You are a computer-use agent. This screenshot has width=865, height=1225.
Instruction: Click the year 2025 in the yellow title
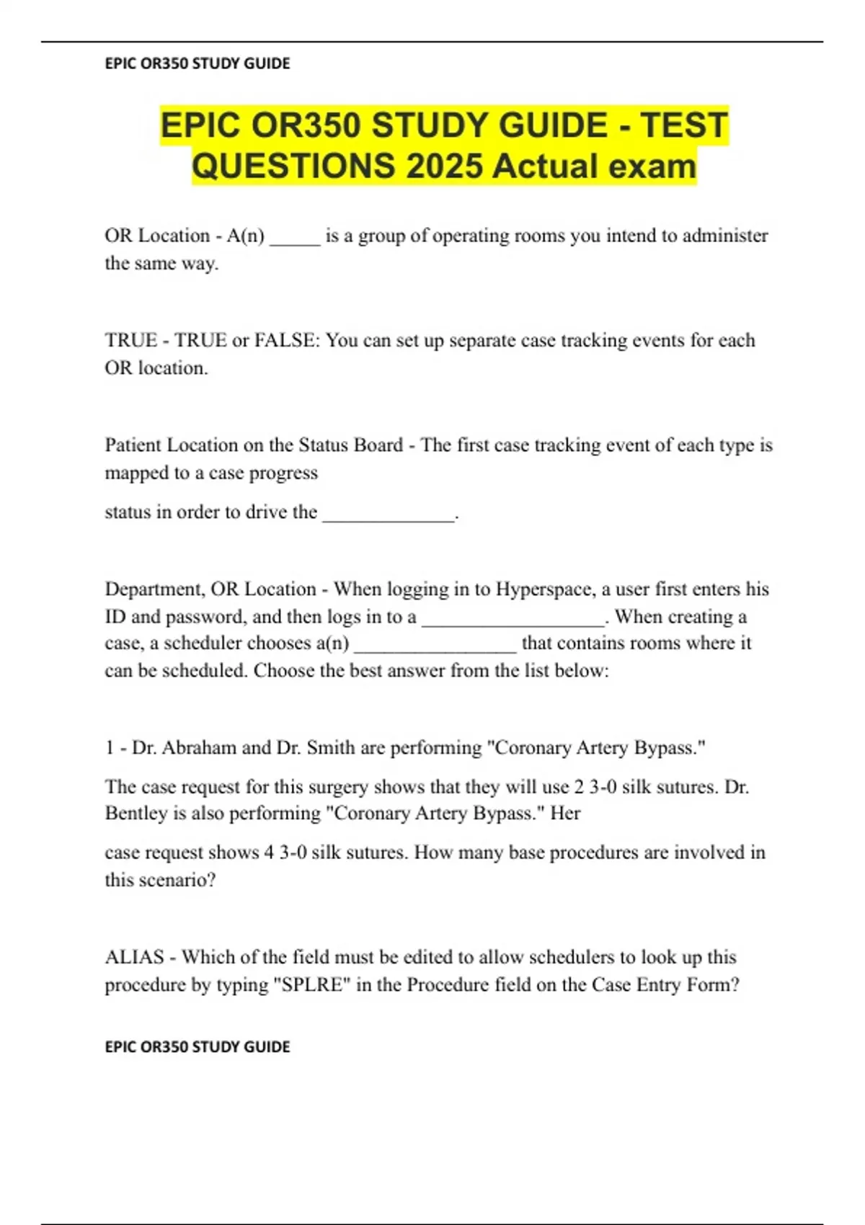[x=445, y=166]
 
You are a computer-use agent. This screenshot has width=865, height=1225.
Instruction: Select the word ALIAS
[x=134, y=958]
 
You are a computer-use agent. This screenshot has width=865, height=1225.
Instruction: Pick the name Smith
[x=331, y=748]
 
